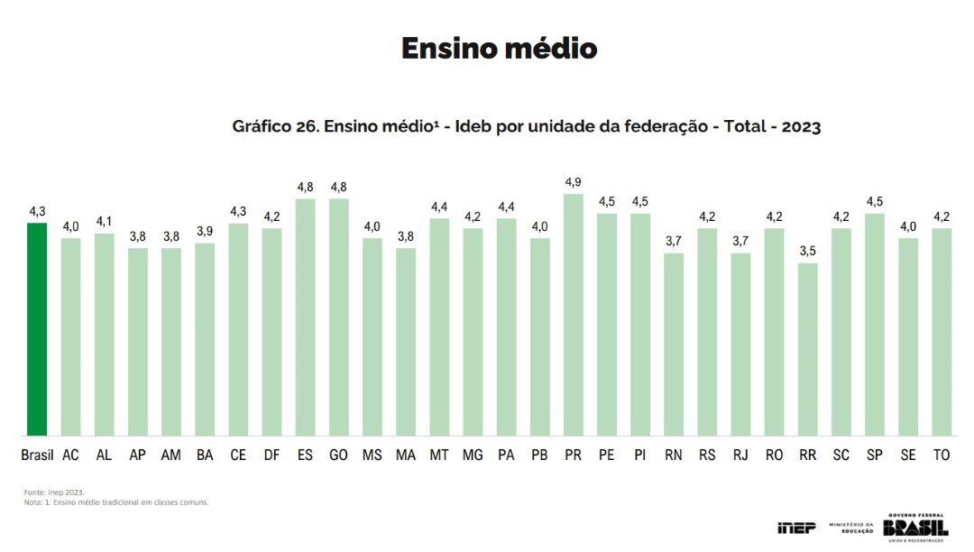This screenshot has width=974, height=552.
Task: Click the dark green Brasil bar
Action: [37, 329]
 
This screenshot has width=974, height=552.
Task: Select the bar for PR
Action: [574, 316]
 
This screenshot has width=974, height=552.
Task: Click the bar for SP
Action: [875, 325]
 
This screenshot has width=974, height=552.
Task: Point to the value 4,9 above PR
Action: [574, 183]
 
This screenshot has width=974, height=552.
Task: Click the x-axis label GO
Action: [339, 455]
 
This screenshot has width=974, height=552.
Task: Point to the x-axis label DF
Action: [271, 455]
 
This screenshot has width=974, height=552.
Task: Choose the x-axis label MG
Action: [473, 455]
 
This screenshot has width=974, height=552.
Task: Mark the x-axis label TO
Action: [942, 455]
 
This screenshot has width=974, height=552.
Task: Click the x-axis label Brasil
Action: [37, 455]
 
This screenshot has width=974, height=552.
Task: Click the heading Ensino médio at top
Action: [499, 48]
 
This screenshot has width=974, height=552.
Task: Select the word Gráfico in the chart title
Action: [261, 127]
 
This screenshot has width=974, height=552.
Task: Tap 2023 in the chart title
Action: [801, 127]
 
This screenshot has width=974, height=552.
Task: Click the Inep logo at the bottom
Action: [795, 528]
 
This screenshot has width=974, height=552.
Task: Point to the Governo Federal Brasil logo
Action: [915, 526]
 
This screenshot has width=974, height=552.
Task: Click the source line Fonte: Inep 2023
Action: [54, 492]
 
